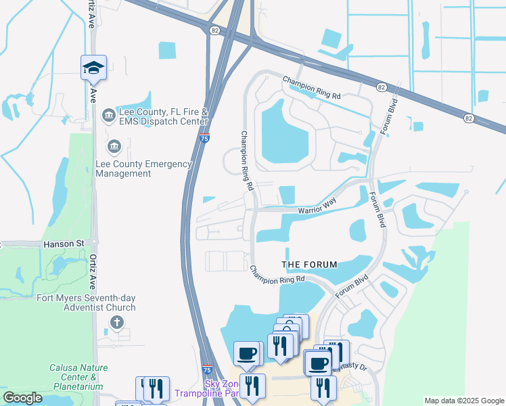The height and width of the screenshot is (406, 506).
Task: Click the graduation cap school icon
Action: pos(93,68)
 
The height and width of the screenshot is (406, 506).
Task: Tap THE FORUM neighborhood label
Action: pos(308,264)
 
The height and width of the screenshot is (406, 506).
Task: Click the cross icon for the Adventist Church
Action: pos(117,322)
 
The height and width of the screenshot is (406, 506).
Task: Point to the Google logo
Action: pos(23,398)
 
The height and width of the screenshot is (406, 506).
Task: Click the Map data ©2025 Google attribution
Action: pos(464,401)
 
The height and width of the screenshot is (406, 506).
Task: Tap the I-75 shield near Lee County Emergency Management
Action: pos(204,137)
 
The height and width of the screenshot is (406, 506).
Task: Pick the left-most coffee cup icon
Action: pos(246,353)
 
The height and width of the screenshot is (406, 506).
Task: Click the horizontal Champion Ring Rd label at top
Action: pos(312,87)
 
